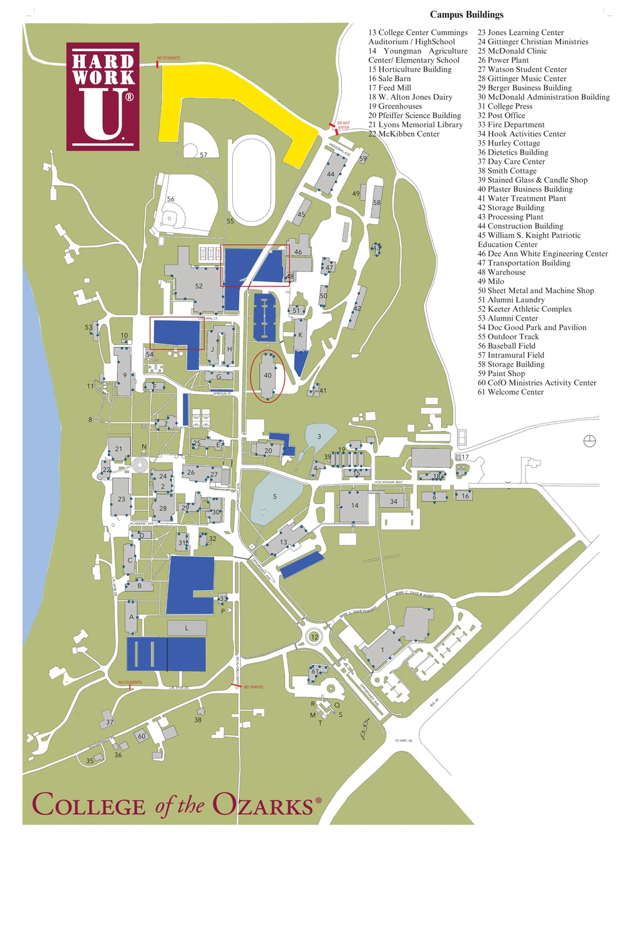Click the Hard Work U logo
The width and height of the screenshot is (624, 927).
[103, 96]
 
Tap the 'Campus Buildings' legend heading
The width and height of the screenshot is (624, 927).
[466, 14]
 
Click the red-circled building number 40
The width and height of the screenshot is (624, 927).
[268, 376]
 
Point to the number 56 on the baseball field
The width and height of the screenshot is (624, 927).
[170, 199]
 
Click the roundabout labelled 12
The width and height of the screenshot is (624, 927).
[314, 637]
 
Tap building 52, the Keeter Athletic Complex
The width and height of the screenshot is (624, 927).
[198, 286]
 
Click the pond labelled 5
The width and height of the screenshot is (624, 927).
[275, 497]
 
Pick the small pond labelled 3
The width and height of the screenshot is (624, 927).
[319, 436]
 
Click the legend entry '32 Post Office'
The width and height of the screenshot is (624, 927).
[501, 115]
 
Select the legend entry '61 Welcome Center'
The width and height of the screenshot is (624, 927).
[510, 392]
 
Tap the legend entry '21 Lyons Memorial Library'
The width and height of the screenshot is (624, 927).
[415, 125]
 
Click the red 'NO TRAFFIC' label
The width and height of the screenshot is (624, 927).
[254, 687]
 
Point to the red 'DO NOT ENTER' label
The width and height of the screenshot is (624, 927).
[343, 125]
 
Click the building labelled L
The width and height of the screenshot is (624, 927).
[187, 628]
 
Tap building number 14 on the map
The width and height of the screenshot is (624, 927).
[354, 505]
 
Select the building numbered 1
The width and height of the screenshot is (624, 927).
[383, 649]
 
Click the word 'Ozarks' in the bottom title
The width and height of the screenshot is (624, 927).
[263, 805]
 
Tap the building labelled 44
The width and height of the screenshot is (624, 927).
[330, 174]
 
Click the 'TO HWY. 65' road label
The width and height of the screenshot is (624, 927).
[403, 740]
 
